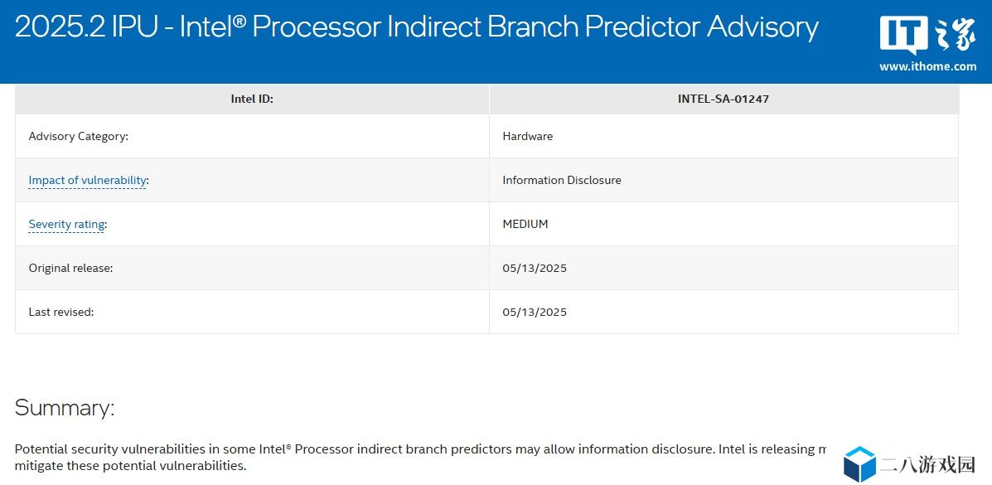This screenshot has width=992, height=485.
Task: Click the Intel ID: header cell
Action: (x=252, y=99)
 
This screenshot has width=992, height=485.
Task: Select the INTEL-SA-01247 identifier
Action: (x=723, y=99)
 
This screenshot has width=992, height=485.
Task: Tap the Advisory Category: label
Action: (x=79, y=136)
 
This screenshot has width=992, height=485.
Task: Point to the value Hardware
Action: (x=528, y=136)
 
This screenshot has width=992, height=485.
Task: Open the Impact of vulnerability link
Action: (x=87, y=181)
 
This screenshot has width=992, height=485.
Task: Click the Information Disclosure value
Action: (x=562, y=180)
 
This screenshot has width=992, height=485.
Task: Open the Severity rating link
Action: (x=66, y=224)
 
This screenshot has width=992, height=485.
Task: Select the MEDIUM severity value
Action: (x=525, y=224)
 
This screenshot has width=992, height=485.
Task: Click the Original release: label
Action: (x=71, y=268)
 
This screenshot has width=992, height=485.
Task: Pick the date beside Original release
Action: (x=535, y=268)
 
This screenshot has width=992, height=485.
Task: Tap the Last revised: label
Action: (x=61, y=312)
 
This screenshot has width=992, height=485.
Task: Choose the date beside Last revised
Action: (x=535, y=312)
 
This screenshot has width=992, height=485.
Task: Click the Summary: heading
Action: (x=65, y=407)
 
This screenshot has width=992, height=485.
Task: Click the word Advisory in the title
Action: (x=763, y=28)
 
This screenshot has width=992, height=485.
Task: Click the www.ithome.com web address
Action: (x=927, y=66)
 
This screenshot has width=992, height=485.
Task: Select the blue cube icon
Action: (x=859, y=464)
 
